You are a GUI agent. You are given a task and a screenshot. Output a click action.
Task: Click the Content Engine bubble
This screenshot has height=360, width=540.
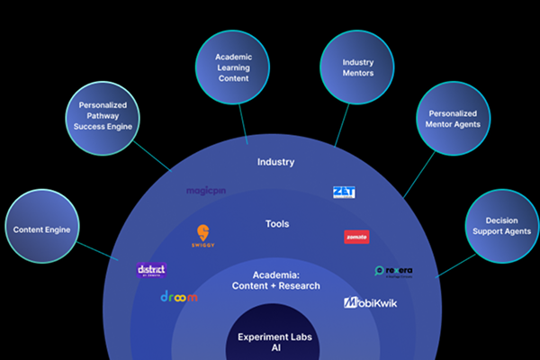[x=42, y=229]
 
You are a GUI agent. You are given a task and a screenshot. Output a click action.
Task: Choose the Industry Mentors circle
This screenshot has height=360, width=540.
[x=356, y=67]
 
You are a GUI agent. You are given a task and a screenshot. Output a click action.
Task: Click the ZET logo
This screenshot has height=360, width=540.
[x=345, y=192]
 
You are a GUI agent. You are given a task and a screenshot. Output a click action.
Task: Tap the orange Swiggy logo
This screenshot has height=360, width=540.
[x=202, y=236]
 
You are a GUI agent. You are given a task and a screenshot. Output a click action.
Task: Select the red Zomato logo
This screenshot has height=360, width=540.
[x=356, y=238]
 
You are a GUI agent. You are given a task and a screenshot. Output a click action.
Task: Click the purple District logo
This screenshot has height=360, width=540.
[x=150, y=270]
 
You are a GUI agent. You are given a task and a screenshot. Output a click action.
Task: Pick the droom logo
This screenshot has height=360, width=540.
[x=179, y=296]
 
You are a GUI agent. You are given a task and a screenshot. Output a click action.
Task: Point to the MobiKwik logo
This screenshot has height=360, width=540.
[x=370, y=303]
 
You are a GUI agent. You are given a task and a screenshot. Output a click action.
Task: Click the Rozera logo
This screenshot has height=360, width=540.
[x=393, y=271]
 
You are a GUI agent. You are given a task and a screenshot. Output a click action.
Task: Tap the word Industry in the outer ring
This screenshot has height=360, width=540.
[x=275, y=163]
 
